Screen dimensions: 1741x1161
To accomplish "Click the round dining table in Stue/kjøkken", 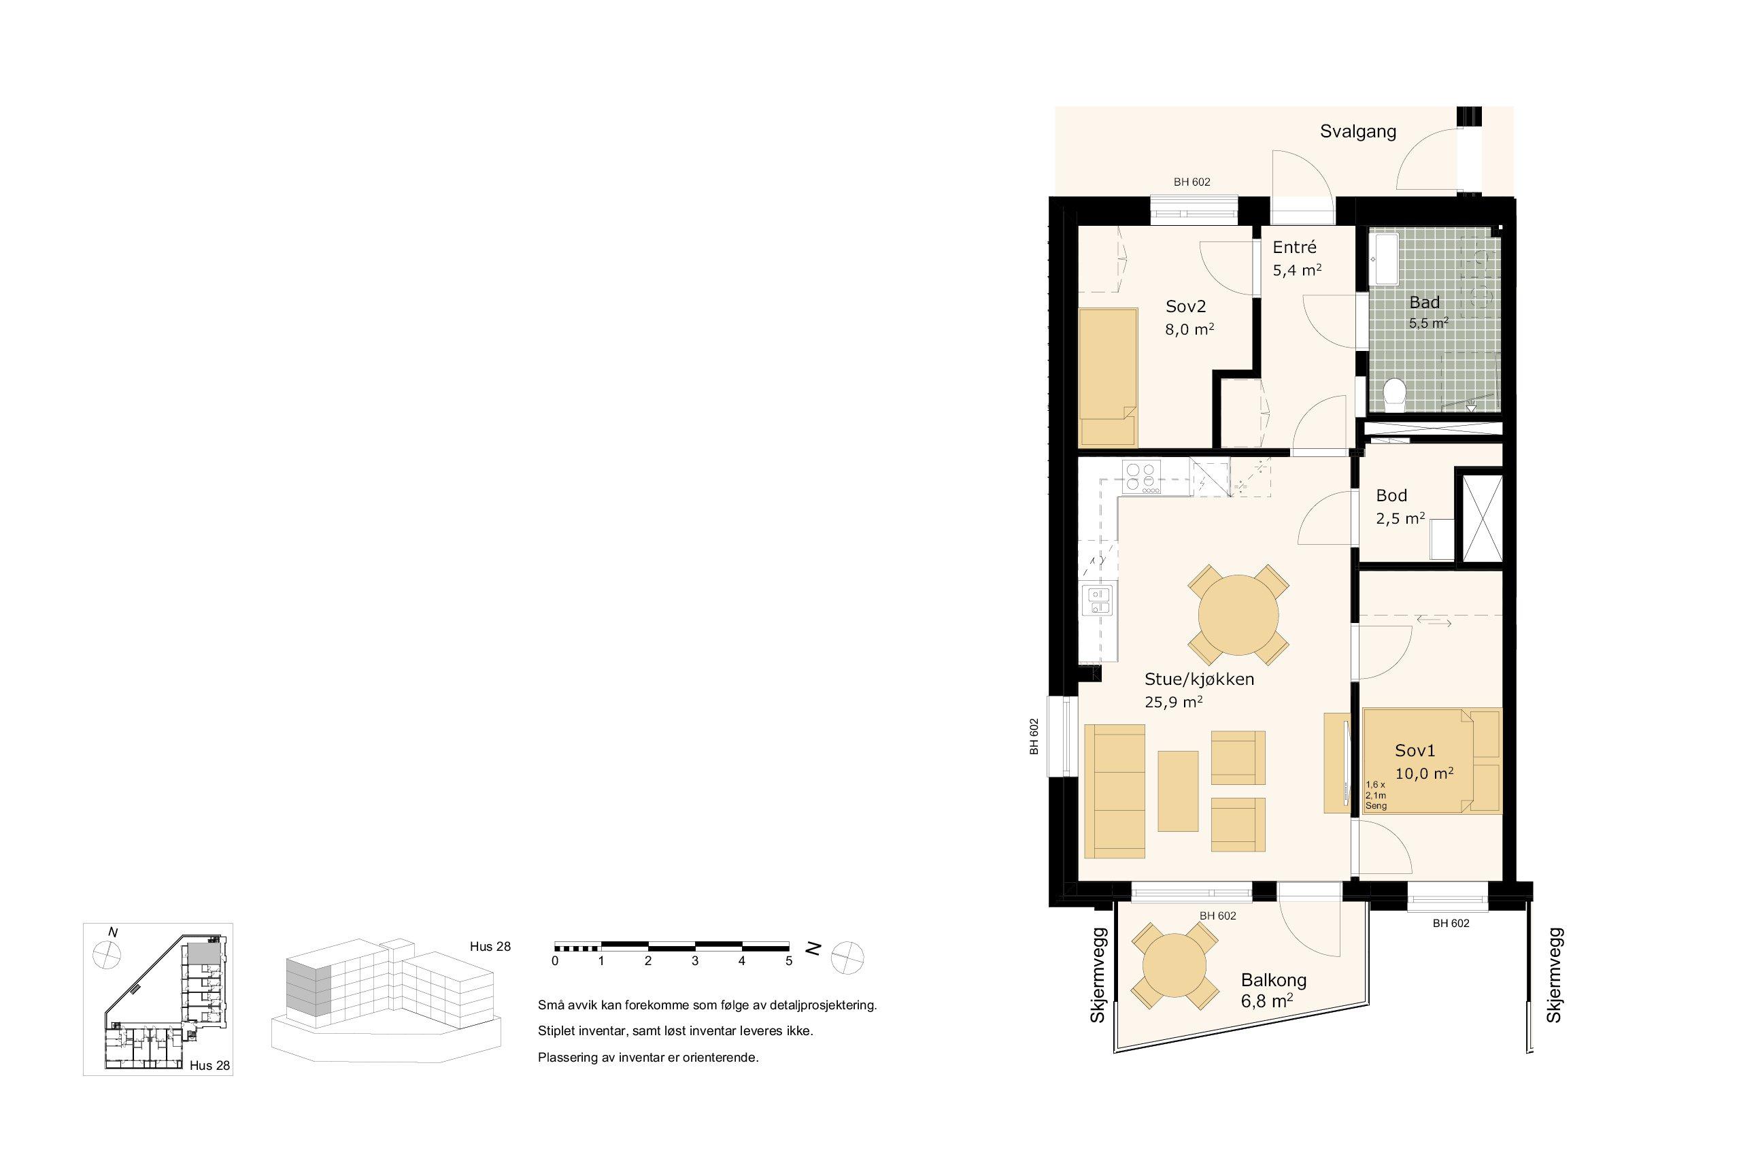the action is point(1239,615).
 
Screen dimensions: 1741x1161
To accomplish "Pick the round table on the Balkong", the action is point(1175,966).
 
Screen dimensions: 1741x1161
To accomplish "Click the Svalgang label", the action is point(1358,132).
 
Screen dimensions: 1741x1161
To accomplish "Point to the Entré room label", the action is point(1295,248).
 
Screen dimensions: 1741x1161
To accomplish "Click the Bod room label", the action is point(1391,495).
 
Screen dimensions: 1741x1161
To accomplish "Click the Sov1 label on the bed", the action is point(1415,751).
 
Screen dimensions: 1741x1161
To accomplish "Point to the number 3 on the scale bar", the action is point(695,962).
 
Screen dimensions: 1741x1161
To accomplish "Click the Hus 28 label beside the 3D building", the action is point(490,946).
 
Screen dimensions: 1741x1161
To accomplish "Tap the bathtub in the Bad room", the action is point(1383,259).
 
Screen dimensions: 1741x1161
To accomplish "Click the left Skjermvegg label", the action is point(1098,975).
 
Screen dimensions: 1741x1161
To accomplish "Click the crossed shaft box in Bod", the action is point(1480,518).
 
